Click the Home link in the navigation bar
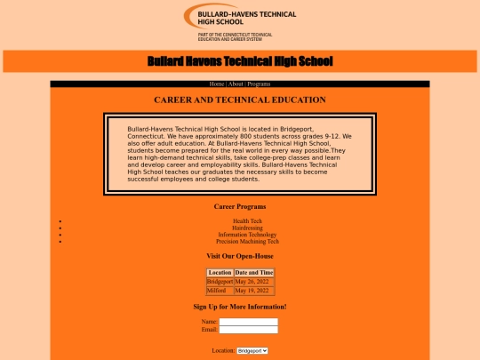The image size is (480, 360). point(217,84)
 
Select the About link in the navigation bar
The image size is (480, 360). point(236,84)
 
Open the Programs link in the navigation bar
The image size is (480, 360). point(259,84)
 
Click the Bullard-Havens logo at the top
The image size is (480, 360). point(240,21)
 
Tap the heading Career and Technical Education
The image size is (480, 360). point(240,100)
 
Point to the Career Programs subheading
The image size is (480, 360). point(240,206)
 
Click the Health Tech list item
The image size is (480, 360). point(247,220)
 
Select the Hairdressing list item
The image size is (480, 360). point(247,228)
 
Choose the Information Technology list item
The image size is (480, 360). point(247,235)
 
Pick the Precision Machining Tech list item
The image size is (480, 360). point(247,241)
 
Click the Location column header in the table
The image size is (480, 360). point(220,272)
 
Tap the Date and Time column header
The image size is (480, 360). point(254,272)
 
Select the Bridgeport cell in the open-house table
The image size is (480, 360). point(220,282)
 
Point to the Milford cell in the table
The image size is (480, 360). point(217,291)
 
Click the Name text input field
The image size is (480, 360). point(249,322)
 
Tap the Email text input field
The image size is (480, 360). point(249,330)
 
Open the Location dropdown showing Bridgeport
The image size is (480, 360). point(252,351)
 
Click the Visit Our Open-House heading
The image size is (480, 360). point(240,256)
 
